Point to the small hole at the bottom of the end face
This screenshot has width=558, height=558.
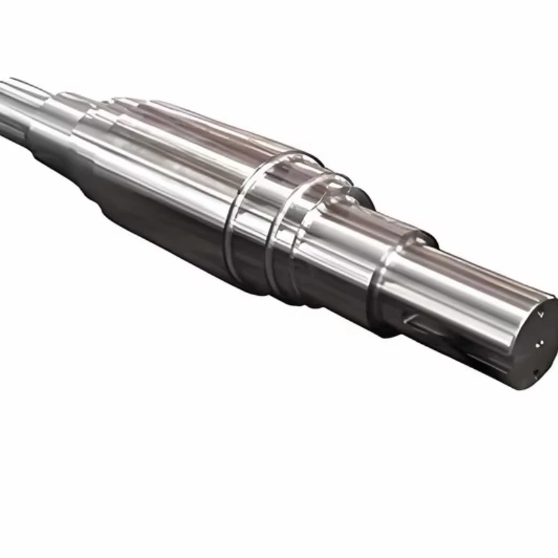click(x=535, y=370)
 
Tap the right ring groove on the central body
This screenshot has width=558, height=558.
click(x=273, y=237)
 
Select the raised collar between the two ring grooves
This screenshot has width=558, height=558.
click(x=252, y=223)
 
